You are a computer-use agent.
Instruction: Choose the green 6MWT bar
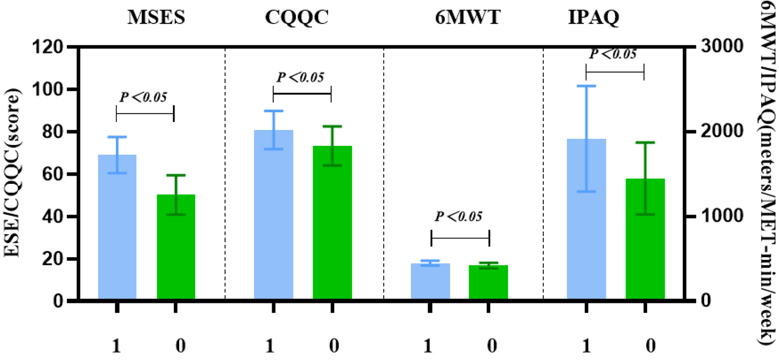(x=488, y=283)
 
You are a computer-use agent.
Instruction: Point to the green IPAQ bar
(x=645, y=239)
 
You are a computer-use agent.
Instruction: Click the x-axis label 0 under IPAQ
(x=645, y=345)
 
